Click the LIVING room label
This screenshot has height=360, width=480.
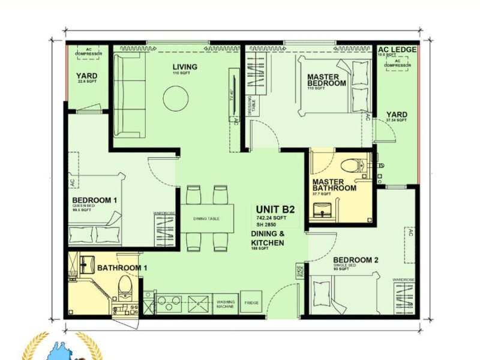pyautogui.click(x=185, y=67)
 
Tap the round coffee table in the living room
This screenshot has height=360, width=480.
pyautogui.click(x=175, y=96)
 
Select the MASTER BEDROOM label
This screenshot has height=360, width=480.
pyautogui.click(x=326, y=80)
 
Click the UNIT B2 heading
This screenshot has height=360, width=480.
pyautogui.click(x=275, y=209)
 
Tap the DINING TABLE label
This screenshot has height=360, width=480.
pyautogui.click(x=206, y=218)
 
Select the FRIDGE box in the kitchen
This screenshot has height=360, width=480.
pyautogui.click(x=251, y=302)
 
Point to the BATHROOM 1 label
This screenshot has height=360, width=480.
pyautogui.click(x=122, y=268)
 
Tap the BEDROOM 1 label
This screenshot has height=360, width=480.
pyautogui.click(x=94, y=200)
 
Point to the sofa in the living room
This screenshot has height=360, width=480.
pyautogui.click(x=130, y=94)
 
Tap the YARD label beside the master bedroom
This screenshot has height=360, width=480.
pyautogui.click(x=397, y=115)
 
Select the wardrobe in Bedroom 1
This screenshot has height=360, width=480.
pyautogui.click(x=164, y=230)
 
